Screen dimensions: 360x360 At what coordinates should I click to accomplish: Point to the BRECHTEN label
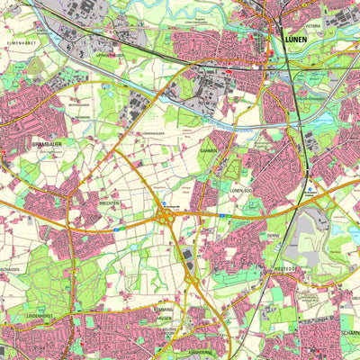pos(110,204)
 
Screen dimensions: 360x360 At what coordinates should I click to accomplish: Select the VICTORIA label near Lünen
pos(312,26)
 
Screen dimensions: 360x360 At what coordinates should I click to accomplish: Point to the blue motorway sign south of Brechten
pos(117,231)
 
